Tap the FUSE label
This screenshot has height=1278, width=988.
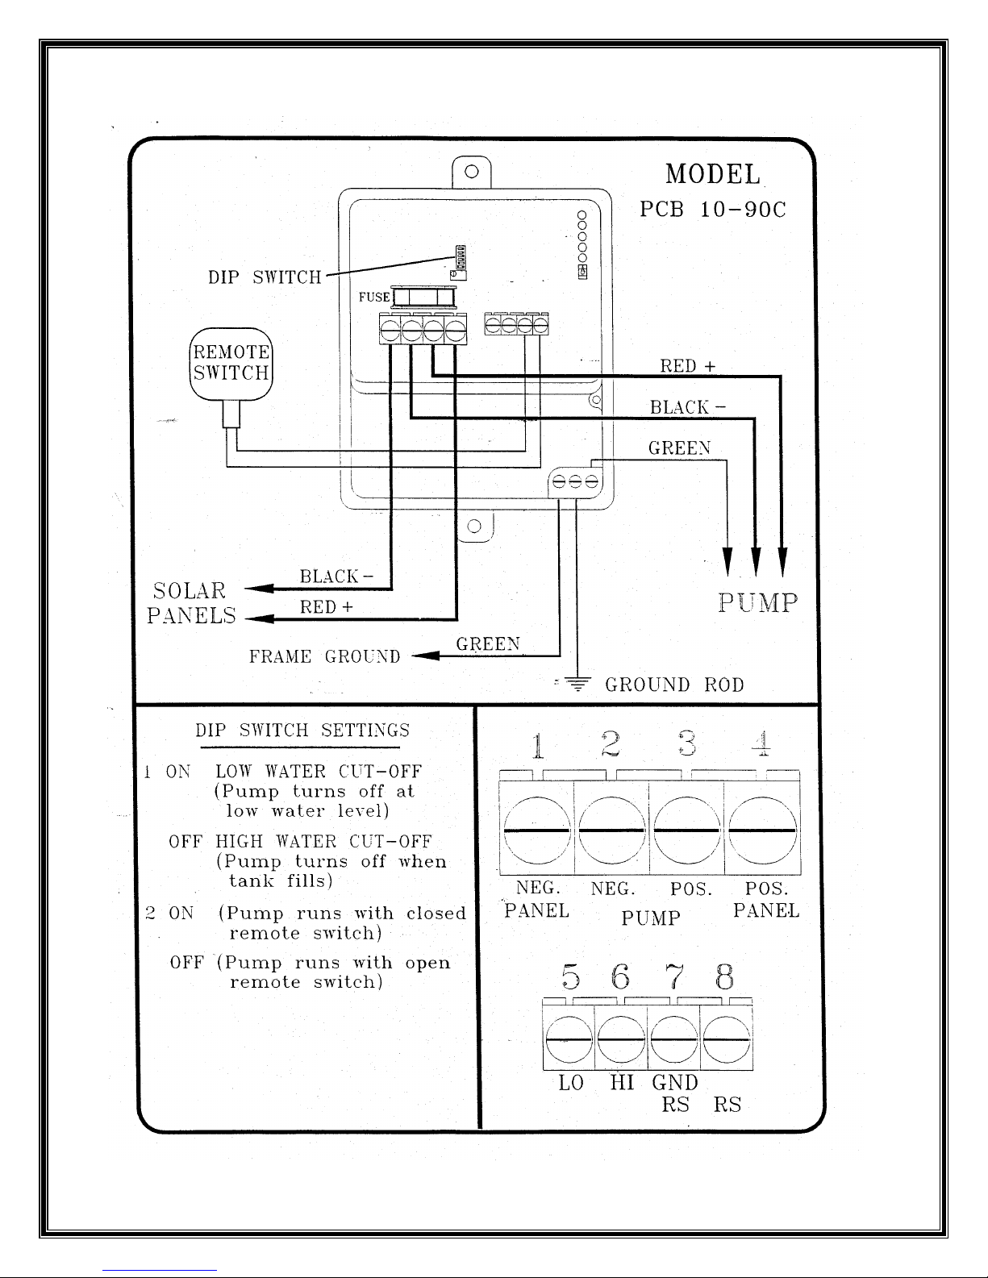point(374,297)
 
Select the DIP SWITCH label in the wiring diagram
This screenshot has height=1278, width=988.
point(265,277)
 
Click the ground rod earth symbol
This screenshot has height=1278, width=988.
point(577,684)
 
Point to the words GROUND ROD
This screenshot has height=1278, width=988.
point(674,685)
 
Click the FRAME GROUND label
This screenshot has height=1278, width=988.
point(324,656)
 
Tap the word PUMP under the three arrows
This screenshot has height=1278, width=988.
point(758,603)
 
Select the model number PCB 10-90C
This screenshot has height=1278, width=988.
point(713,210)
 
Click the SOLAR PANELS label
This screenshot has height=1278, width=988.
point(191,603)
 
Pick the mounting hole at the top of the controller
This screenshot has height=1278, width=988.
point(472,172)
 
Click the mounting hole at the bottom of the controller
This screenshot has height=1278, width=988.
point(474,526)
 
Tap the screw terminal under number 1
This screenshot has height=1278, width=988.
point(537,830)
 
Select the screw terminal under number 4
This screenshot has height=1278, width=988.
point(763,830)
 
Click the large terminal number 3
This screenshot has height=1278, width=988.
point(687,743)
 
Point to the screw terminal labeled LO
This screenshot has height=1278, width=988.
point(569,1039)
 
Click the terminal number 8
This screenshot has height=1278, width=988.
point(724,977)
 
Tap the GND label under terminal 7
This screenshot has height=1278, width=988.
point(675,1082)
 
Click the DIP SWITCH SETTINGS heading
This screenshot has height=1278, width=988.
point(302,730)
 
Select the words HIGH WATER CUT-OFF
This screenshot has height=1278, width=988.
point(323,841)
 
